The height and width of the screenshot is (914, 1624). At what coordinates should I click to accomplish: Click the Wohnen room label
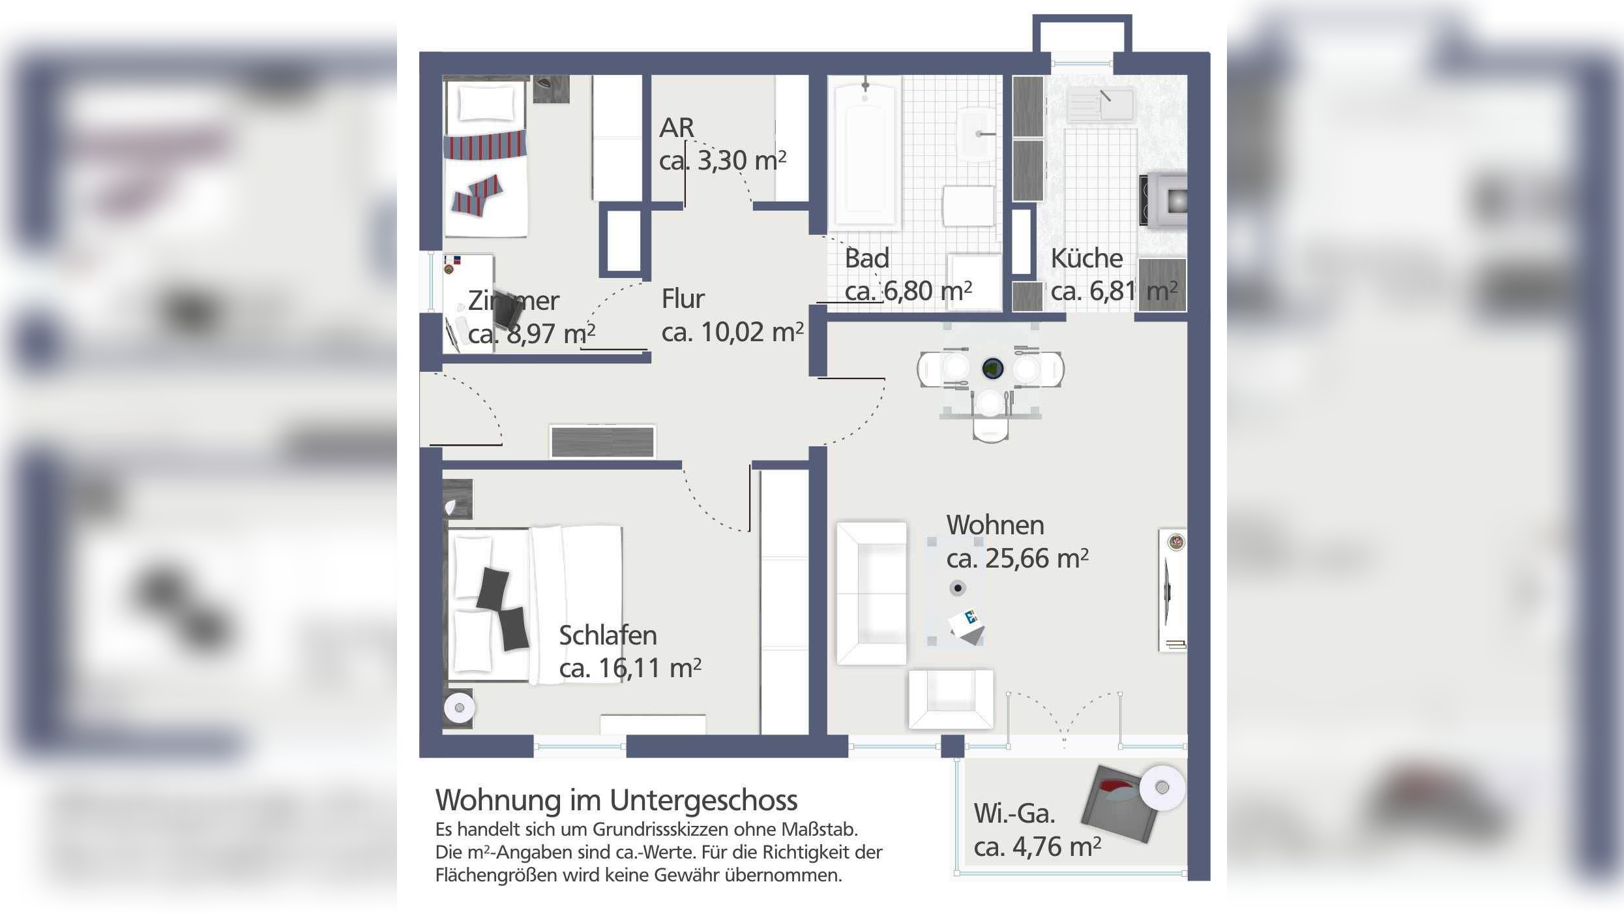[x=995, y=525]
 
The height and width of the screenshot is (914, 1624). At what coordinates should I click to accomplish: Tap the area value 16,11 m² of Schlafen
[x=630, y=668]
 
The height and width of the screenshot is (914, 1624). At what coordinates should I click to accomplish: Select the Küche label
[x=1086, y=258]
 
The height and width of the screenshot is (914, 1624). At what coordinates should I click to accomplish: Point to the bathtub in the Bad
[x=864, y=152]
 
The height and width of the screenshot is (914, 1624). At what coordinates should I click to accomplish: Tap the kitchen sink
[x=1101, y=104]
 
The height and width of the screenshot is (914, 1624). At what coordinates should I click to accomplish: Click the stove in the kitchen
[x=1164, y=200]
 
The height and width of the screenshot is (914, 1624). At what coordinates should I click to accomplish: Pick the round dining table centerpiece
[x=992, y=369]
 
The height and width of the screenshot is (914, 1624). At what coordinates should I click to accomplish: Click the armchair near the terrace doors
[x=951, y=699]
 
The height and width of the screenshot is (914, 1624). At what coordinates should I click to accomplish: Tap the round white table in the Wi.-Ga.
[x=1162, y=787]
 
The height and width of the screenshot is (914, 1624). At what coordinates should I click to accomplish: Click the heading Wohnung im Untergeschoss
[x=616, y=800]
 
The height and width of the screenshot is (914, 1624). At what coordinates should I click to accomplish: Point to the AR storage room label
[x=676, y=128]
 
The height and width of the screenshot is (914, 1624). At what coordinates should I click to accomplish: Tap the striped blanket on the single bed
[x=485, y=144]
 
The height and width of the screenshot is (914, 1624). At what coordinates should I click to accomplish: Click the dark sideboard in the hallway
[x=602, y=442]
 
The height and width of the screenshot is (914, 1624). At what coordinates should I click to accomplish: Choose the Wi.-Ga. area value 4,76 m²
[x=1037, y=847]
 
